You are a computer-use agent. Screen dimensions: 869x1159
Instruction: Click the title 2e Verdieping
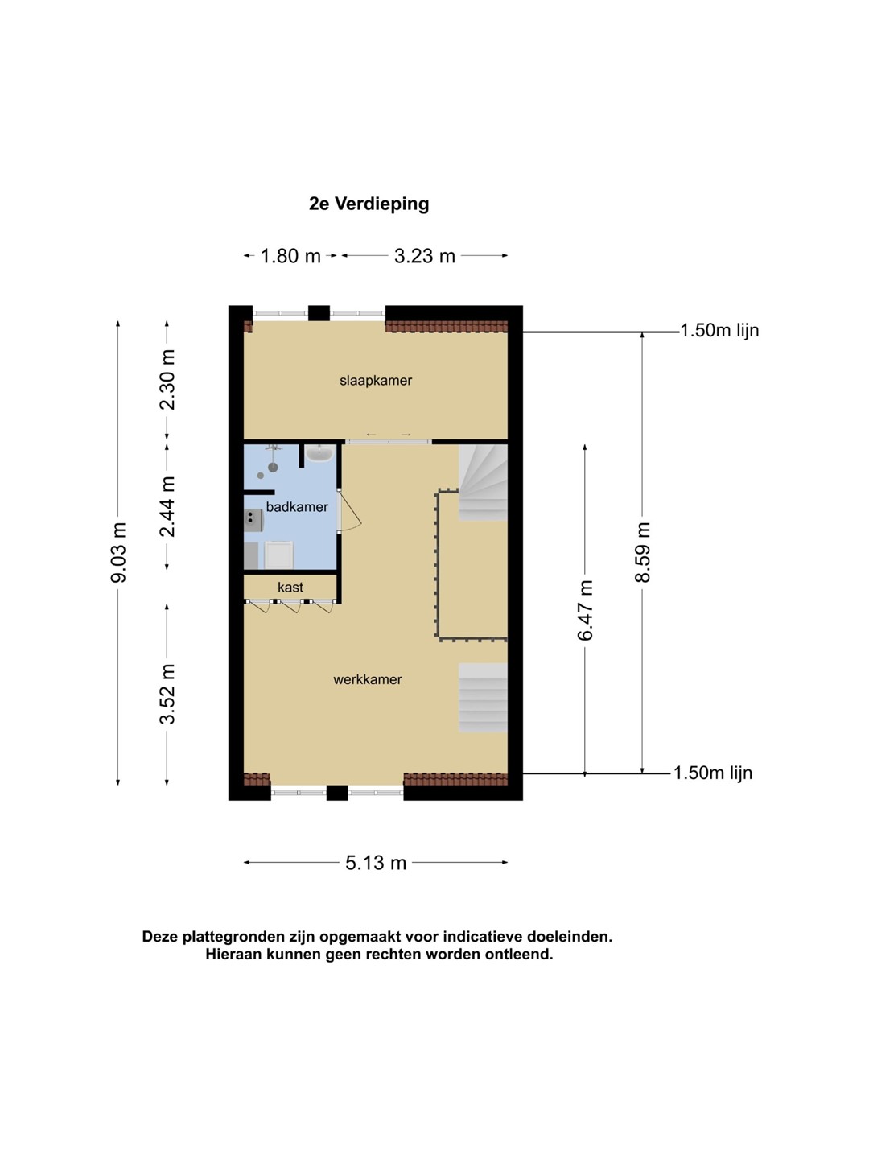[369, 204]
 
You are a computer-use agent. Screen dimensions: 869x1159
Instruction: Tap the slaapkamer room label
[376, 381]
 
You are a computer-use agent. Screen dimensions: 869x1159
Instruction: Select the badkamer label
[297, 507]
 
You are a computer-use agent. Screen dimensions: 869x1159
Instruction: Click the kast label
[290, 588]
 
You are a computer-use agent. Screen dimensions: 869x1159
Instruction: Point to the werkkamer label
[367, 679]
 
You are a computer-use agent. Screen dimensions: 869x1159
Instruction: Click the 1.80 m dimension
[290, 256]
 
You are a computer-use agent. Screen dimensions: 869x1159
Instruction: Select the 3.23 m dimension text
[425, 256]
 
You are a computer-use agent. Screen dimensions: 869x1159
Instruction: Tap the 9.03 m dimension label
[118, 552]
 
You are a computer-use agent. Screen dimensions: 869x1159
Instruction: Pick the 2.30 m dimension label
[167, 380]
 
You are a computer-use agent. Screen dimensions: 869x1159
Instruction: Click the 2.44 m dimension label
[167, 506]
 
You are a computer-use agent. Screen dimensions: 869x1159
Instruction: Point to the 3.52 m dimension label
[167, 694]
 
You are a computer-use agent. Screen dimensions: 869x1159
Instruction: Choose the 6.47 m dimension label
[585, 610]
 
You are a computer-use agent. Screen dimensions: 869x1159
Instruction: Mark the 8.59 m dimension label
[642, 552]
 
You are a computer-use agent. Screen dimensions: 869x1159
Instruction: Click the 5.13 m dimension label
[376, 863]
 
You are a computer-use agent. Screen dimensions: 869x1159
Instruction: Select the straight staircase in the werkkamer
[483, 698]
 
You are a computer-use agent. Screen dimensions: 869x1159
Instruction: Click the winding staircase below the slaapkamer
[483, 483]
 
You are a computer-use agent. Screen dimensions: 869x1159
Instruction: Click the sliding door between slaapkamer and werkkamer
[389, 441]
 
